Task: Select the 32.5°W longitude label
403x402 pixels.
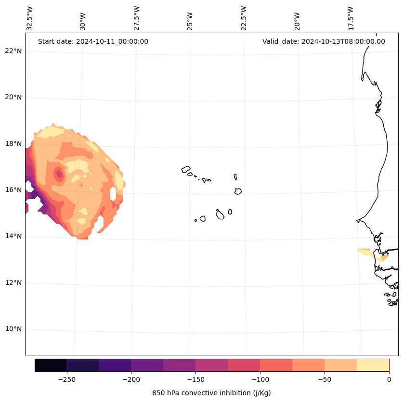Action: (x=30, y=19)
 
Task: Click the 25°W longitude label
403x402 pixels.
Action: (x=190, y=21)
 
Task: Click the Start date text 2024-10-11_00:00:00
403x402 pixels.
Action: (x=93, y=41)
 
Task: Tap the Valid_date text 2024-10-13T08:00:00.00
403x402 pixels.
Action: (x=324, y=41)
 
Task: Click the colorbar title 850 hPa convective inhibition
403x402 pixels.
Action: (x=211, y=393)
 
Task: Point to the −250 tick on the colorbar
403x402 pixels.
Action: (x=66, y=379)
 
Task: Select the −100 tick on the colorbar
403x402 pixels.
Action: (x=260, y=379)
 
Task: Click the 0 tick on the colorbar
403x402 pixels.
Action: (x=389, y=379)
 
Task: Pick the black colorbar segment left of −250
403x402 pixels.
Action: (x=51, y=365)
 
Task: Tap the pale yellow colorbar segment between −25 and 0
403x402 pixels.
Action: (x=373, y=365)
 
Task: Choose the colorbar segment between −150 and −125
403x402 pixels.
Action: (x=211, y=365)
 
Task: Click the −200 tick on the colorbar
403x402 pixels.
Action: (x=131, y=379)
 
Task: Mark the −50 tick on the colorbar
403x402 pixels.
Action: (x=325, y=379)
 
